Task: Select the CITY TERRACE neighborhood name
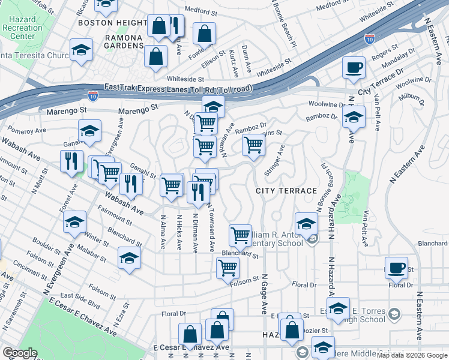(286, 190)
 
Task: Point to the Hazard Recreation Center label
(22, 28)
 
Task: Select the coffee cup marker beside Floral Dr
(396, 267)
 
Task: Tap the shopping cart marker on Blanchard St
(241, 235)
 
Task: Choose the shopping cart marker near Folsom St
(228, 267)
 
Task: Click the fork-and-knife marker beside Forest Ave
(71, 161)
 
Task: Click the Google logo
(19, 353)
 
